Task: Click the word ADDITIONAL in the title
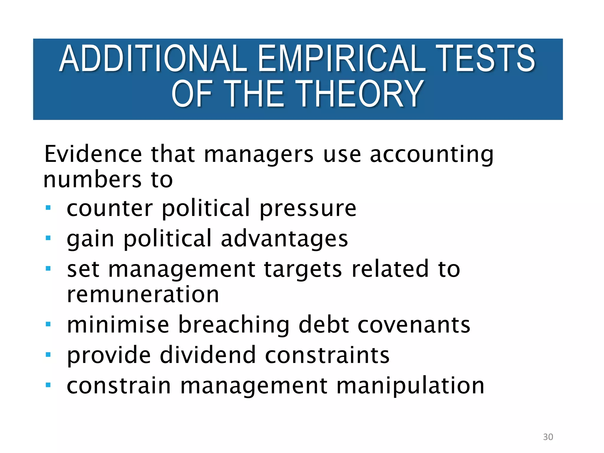(x=153, y=58)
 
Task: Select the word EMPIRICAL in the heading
(x=342, y=58)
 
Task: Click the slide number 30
(x=548, y=437)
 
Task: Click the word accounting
(x=431, y=155)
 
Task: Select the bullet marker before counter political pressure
(x=48, y=208)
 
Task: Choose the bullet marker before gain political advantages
(x=48, y=238)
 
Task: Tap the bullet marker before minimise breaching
(x=48, y=324)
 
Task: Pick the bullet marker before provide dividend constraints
(x=48, y=354)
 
